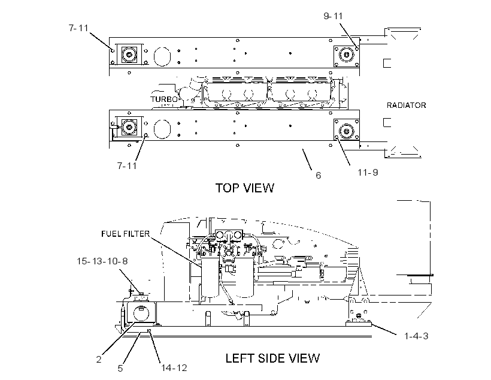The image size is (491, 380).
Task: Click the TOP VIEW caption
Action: click(x=244, y=188)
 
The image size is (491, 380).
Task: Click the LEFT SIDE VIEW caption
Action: click(x=272, y=358)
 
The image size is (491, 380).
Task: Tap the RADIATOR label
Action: click(x=406, y=105)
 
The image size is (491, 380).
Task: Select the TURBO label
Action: click(x=164, y=99)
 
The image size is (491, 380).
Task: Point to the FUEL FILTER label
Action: click(x=126, y=234)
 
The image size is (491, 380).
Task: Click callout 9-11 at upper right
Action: click(x=333, y=16)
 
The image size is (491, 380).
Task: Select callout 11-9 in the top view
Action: click(x=368, y=173)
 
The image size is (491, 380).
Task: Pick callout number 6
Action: click(x=318, y=175)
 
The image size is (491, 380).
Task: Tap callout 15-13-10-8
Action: click(x=102, y=261)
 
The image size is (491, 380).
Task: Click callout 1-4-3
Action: click(x=416, y=336)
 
